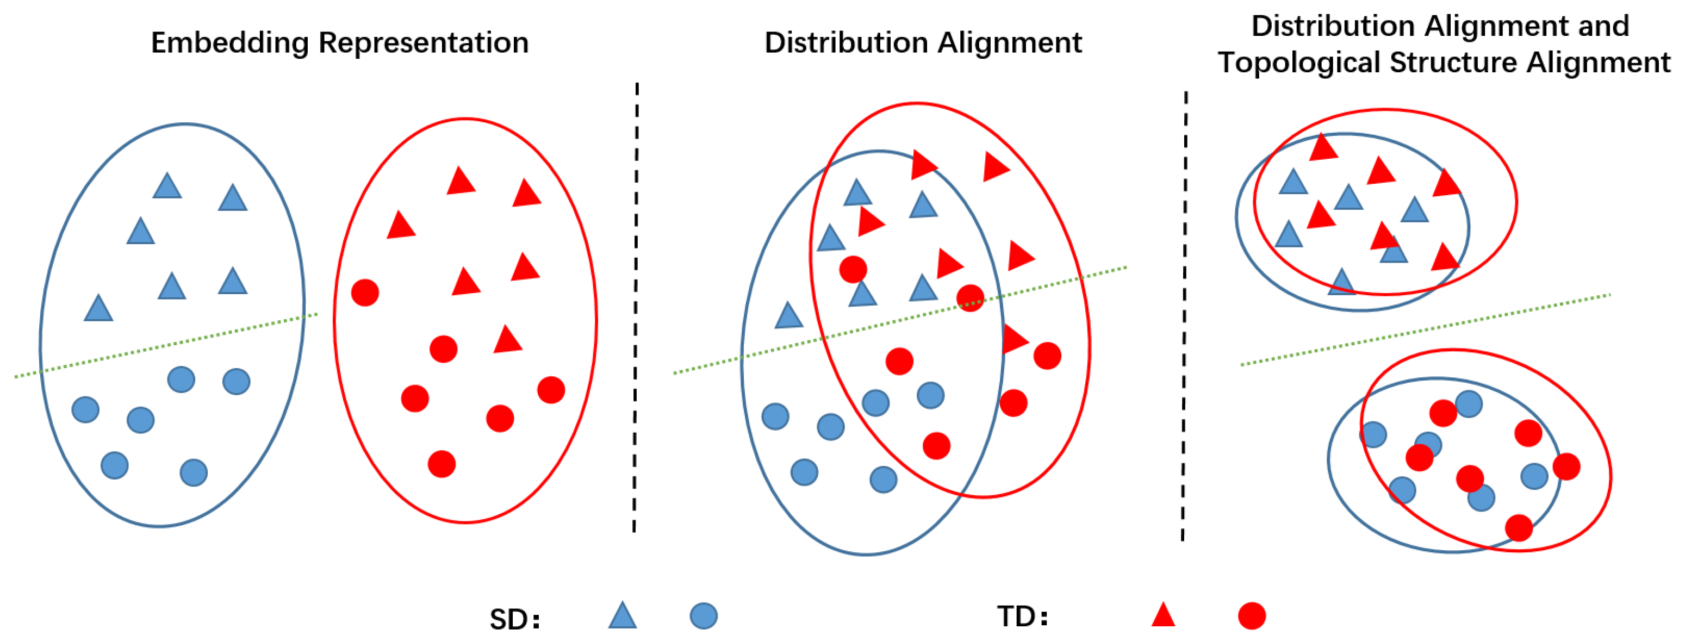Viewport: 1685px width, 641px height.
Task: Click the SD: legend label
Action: click(x=515, y=619)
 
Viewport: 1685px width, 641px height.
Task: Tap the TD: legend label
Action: click(x=1022, y=616)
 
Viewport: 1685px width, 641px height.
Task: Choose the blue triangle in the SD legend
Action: click(x=622, y=616)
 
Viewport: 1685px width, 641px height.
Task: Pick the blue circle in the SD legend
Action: click(x=703, y=615)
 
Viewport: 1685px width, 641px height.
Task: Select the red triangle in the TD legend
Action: click(x=1163, y=615)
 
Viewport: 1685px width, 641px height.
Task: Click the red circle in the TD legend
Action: click(x=1251, y=615)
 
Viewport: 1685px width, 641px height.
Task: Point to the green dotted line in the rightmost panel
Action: click(x=1426, y=329)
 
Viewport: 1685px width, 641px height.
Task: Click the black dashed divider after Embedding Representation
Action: click(x=636, y=307)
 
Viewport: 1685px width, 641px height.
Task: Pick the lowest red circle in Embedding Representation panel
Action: click(x=442, y=464)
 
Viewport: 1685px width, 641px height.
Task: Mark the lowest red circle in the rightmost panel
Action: click(x=1519, y=528)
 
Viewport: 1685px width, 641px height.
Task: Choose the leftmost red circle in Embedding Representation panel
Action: click(x=365, y=293)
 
